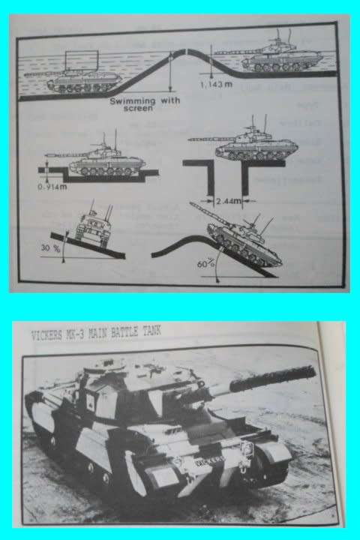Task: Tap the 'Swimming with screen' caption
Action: [136, 103]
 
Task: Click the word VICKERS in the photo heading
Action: [49, 335]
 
